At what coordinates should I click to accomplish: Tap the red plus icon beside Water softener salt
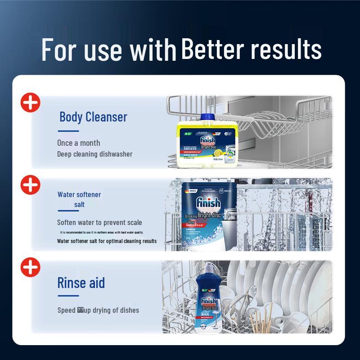click(31, 184)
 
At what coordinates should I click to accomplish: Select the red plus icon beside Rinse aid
click(31, 267)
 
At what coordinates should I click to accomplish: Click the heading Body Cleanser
click(93, 117)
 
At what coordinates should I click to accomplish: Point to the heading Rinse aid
click(81, 283)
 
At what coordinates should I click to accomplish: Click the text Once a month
click(78, 143)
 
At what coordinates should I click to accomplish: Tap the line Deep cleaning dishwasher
click(94, 154)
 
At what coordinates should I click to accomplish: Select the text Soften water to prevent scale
click(99, 222)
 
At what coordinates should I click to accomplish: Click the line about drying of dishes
click(98, 310)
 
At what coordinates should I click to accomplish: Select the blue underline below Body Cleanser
click(68, 131)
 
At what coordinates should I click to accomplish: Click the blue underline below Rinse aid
click(68, 296)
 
